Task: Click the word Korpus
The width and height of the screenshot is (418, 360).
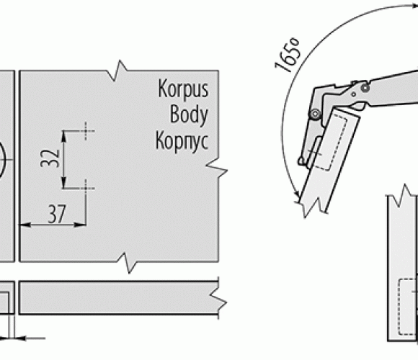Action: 183,89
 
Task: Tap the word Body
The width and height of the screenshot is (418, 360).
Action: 189,114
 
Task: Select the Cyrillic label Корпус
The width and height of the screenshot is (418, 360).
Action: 182,140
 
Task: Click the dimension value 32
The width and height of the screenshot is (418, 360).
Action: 50,158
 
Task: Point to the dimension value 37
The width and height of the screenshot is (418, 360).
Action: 56,214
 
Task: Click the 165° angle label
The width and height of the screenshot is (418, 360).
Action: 288,55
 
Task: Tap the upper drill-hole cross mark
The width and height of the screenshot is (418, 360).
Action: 86,131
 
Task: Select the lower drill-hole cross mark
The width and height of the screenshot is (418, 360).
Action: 86,188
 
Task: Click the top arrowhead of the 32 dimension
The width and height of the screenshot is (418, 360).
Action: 63,137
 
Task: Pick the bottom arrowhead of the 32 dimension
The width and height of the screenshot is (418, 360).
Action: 63,183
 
